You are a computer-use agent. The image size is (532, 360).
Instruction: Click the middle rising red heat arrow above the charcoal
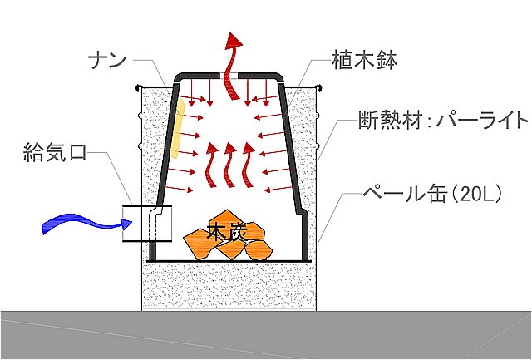tap(230, 163)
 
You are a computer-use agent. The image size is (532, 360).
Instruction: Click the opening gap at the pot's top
tap(229, 76)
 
